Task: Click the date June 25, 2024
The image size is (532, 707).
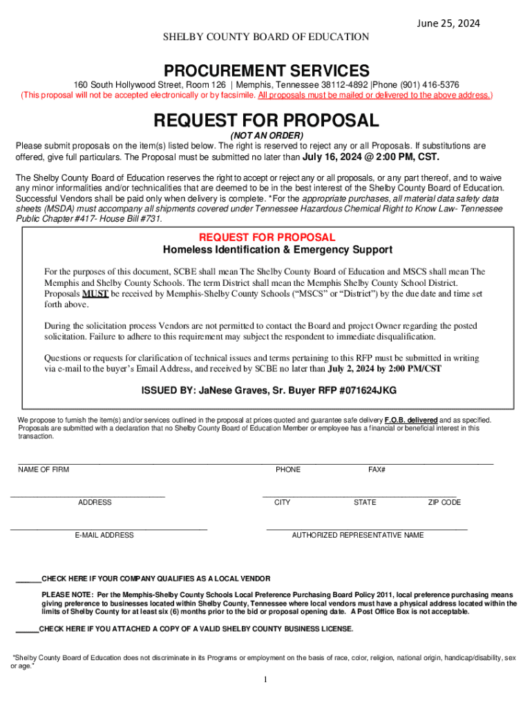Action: point(447,23)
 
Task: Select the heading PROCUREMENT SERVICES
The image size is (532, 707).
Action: point(266,70)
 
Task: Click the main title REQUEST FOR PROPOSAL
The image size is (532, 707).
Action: point(266,121)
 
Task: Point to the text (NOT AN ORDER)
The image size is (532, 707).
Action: point(266,136)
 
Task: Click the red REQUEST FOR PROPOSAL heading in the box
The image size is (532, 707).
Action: point(267,237)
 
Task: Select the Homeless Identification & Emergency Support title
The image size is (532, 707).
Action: point(277,249)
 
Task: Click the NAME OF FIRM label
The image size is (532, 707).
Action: point(44,469)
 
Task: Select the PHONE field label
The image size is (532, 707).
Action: point(288,469)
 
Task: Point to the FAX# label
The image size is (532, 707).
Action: point(377,469)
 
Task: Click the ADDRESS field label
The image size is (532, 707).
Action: point(95,502)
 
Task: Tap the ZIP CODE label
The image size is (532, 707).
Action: point(444,502)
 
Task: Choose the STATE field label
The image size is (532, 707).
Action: point(365,502)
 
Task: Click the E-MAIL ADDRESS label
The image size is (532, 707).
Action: point(104,535)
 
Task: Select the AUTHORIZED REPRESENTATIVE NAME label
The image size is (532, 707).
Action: point(358,535)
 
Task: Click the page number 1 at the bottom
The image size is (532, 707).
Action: point(265,680)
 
